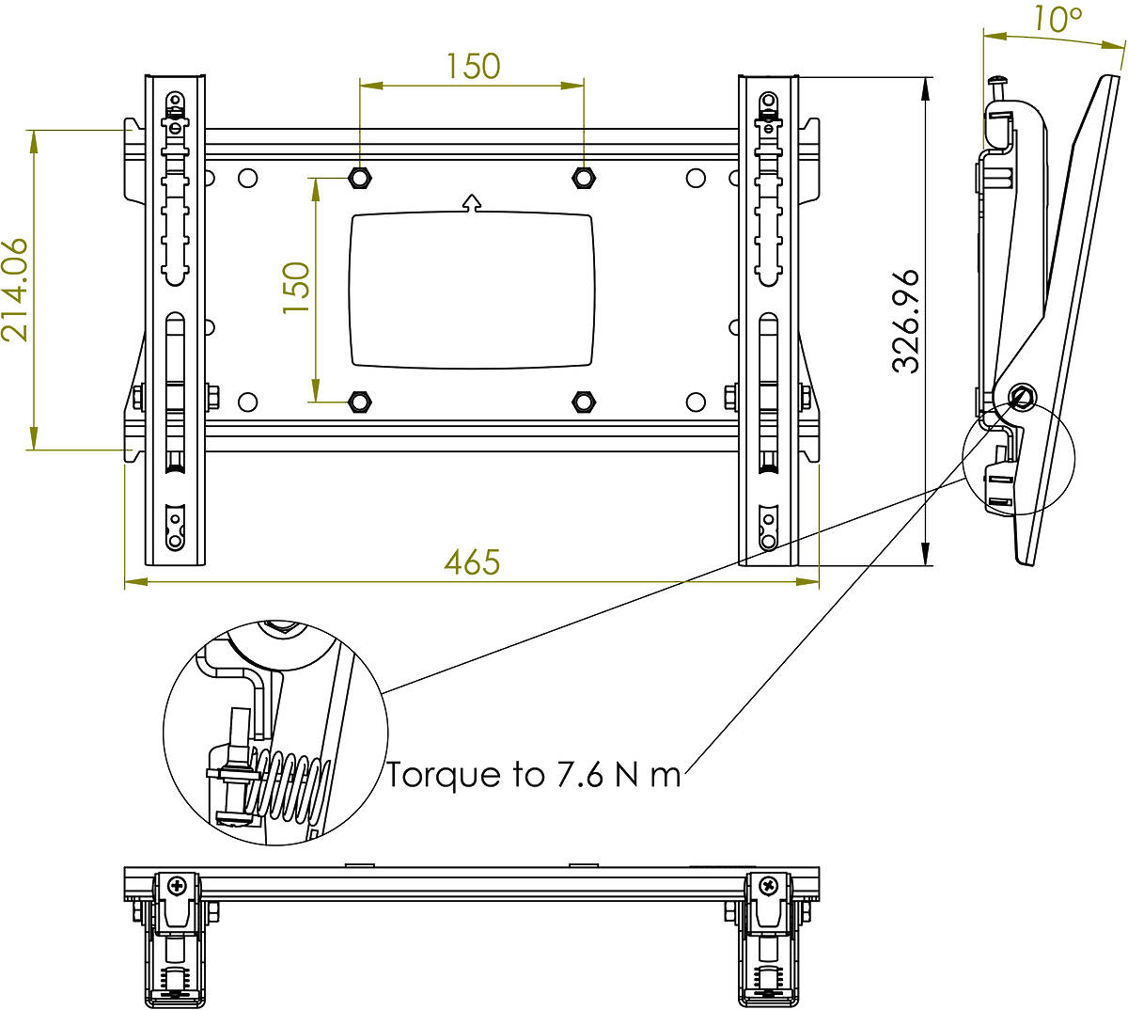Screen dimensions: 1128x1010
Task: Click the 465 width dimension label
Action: tap(472, 561)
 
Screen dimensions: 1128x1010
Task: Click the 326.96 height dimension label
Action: tap(904, 322)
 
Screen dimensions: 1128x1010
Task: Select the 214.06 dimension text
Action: tap(14, 290)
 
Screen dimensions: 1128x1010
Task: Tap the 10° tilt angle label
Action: tap(1057, 19)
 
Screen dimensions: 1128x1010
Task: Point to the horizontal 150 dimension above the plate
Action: tap(473, 66)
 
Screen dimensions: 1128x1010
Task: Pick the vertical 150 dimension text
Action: tap(296, 288)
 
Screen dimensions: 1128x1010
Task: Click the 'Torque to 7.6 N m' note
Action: tap(534, 774)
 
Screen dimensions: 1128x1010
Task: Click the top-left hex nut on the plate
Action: tap(359, 178)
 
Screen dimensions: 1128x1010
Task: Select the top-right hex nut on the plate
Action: tap(583, 178)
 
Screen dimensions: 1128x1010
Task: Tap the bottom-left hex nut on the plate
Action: tap(359, 402)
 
